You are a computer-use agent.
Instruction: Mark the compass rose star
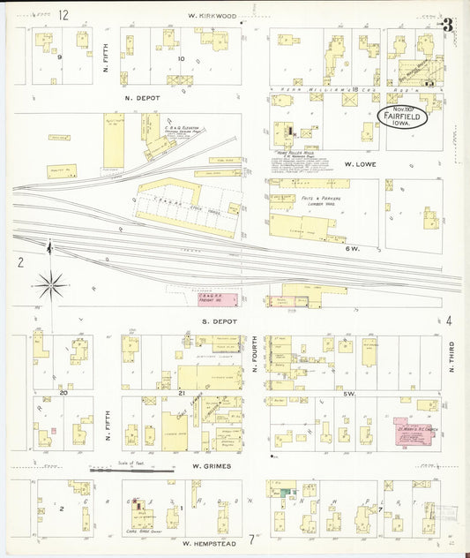tap(51, 284)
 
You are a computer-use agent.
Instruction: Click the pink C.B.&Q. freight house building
tap(215, 298)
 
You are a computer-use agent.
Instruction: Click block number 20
tap(63, 392)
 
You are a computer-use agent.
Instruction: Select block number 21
tap(180, 392)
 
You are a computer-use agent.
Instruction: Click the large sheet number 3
tap(448, 24)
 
